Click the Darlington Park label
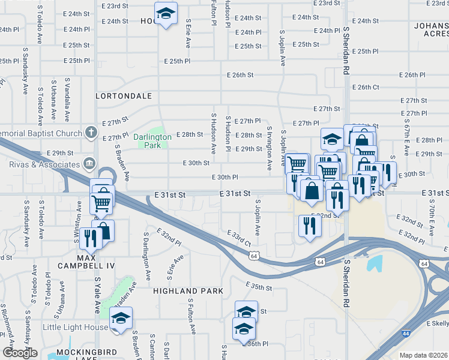tap(152, 141)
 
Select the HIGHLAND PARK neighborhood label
tap(188, 291)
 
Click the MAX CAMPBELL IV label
tap(86, 265)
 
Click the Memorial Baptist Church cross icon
tap(91, 131)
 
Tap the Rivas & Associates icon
tap(89, 163)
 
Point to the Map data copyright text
tap(423, 355)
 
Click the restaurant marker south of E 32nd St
tap(310, 226)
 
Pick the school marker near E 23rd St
tap(166, 14)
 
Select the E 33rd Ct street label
tap(239, 238)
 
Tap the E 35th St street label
tap(259, 287)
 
